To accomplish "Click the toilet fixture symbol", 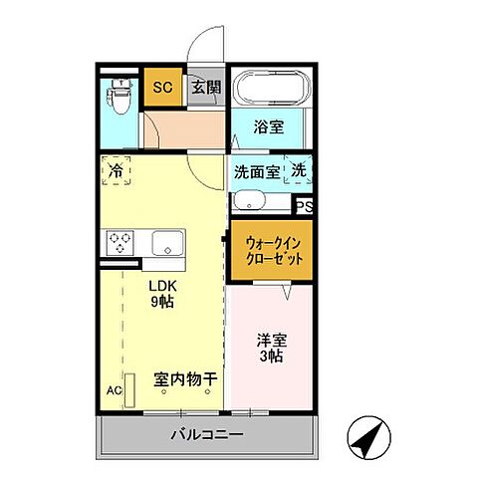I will tap(119, 95).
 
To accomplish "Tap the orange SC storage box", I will tap(162, 87).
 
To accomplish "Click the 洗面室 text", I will tap(257, 170).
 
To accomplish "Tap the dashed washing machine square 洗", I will tap(299, 170).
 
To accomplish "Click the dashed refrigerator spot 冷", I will tap(117, 171).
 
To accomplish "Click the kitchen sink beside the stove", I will tap(166, 243).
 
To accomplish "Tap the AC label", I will tap(114, 390).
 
